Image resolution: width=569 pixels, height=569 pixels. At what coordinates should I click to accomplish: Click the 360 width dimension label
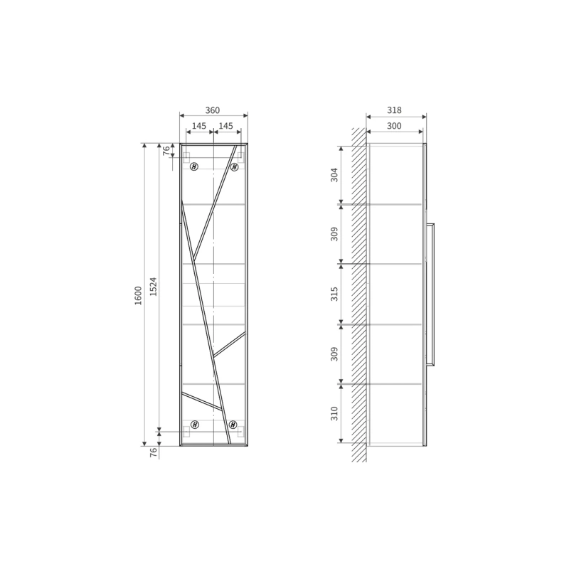coord(212,110)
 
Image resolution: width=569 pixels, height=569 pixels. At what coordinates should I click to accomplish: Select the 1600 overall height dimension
coord(138,295)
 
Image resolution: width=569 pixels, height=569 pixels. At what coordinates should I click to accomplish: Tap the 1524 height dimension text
coord(153,287)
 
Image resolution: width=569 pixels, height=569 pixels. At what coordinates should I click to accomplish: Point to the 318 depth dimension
coord(394,110)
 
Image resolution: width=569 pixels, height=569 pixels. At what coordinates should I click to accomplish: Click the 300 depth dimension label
coord(394,126)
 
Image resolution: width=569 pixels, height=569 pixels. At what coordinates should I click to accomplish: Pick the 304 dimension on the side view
coord(334,175)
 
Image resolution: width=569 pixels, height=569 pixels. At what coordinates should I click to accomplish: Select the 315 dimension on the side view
coord(334,294)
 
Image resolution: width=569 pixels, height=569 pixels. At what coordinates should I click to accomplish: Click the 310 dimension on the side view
coord(334,414)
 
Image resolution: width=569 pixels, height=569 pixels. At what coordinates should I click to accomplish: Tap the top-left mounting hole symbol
coord(194,166)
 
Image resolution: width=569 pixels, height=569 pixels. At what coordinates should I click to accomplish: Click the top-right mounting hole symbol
coord(234,166)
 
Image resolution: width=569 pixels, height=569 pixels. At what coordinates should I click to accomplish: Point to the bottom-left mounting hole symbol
coord(194,425)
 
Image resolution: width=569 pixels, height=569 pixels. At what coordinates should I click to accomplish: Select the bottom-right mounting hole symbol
coord(233,425)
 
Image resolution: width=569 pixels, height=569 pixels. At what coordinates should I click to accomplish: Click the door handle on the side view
coord(430,294)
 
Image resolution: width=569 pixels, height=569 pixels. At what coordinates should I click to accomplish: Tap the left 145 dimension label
coord(198,126)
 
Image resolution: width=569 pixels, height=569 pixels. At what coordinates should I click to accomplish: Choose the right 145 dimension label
coord(226,126)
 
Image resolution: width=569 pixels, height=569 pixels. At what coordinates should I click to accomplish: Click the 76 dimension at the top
coord(166,151)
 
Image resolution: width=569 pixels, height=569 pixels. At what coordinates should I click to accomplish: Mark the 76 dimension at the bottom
coord(154,452)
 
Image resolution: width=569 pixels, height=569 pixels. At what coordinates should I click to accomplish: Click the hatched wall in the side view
coord(359,294)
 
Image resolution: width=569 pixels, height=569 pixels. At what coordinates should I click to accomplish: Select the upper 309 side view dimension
coord(334,234)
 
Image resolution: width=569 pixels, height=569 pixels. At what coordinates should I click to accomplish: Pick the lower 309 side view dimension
coord(334,354)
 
